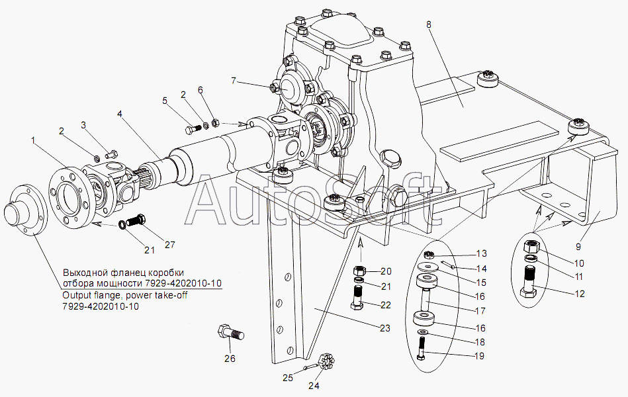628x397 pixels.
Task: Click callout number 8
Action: pyautogui.click(x=429, y=24)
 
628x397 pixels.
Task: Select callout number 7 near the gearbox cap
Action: pyautogui.click(x=234, y=81)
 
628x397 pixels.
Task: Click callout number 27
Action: pyautogui.click(x=170, y=245)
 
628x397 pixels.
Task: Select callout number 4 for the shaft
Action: pyautogui.click(x=120, y=113)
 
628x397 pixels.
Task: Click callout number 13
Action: pyautogui.click(x=481, y=253)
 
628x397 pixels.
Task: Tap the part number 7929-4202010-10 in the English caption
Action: pyautogui.click(x=100, y=307)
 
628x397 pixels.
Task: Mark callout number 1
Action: pyautogui.click(x=33, y=140)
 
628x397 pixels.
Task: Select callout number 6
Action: pyautogui.click(x=201, y=90)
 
